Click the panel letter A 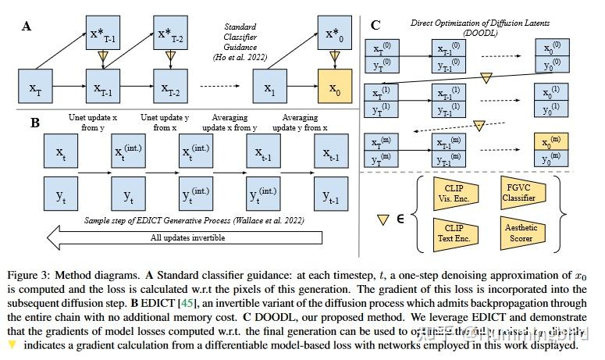click(27, 26)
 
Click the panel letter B click(35, 122)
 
